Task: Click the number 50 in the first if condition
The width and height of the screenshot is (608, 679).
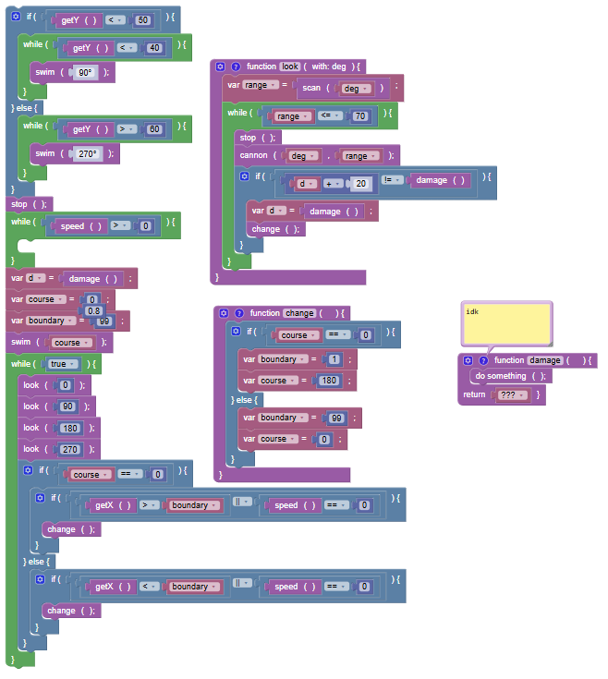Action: pos(142,20)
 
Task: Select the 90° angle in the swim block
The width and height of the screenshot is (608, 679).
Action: pos(85,72)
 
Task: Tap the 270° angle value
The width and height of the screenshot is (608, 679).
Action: pos(88,153)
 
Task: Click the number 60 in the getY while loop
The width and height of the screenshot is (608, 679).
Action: pos(154,129)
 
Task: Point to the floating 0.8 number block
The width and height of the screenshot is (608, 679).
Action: pos(93,310)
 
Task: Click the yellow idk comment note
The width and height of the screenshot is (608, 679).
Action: pos(506,323)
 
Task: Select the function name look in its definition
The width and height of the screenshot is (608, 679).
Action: pos(290,67)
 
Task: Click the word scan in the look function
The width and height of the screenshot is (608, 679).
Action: pos(311,88)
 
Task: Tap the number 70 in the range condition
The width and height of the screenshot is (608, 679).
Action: pos(360,116)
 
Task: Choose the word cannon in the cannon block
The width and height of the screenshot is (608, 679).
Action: pos(253,155)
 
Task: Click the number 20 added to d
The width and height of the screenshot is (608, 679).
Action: pos(360,184)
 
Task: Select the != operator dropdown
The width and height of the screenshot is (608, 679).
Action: pos(392,180)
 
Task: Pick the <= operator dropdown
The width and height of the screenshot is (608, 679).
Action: pos(330,115)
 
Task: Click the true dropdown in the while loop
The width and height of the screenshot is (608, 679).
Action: pos(62,364)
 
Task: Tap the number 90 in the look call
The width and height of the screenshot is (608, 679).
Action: pos(67,406)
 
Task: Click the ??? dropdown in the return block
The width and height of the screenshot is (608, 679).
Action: pos(512,395)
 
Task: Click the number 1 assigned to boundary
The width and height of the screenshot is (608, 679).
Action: pos(334,359)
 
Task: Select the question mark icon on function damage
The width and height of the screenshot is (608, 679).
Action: pos(483,360)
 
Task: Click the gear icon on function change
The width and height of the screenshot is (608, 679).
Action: pos(224,313)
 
